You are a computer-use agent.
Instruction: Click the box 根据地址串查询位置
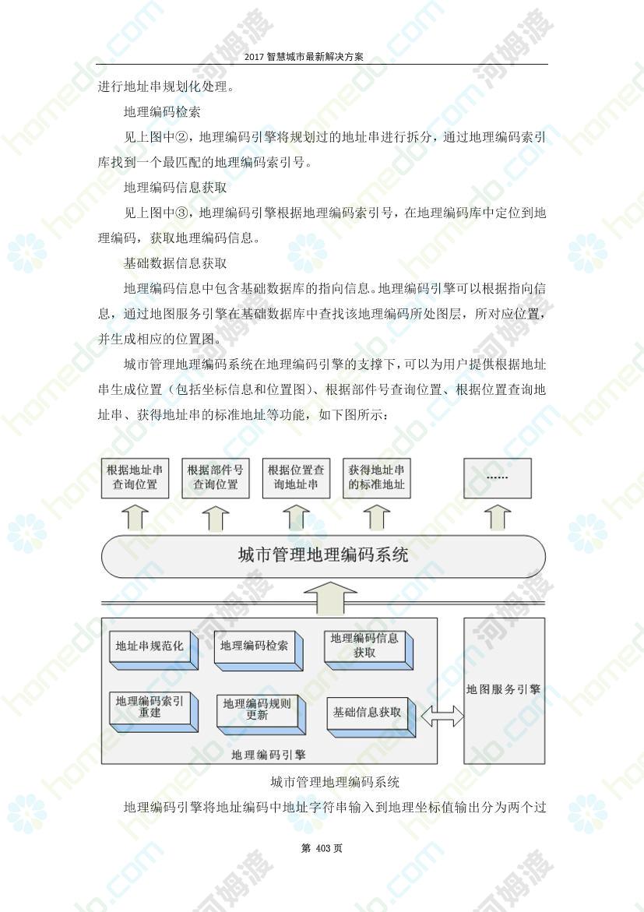(x=135, y=478)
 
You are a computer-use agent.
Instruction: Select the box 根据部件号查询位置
(x=215, y=478)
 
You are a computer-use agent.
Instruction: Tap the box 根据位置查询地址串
(x=296, y=478)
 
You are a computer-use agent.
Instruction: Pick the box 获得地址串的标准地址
(x=376, y=478)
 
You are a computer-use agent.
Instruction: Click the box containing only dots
(x=498, y=478)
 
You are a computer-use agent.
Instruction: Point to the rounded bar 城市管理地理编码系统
(x=323, y=556)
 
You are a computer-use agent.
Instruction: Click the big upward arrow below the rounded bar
(x=330, y=598)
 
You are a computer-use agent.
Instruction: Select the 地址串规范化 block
(x=153, y=650)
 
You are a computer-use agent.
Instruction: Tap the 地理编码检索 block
(x=259, y=650)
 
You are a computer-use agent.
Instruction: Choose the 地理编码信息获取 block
(x=369, y=650)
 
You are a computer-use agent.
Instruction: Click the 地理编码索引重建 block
(x=153, y=711)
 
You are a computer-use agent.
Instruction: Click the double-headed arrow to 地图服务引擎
(x=442, y=717)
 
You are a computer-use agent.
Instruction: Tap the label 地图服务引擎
(x=504, y=689)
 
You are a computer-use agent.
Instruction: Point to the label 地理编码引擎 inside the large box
(x=268, y=755)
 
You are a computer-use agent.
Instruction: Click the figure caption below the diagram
(x=335, y=782)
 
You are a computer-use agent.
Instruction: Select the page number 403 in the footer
(x=323, y=848)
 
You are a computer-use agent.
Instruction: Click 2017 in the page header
(x=254, y=56)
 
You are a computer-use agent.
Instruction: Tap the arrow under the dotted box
(x=498, y=517)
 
